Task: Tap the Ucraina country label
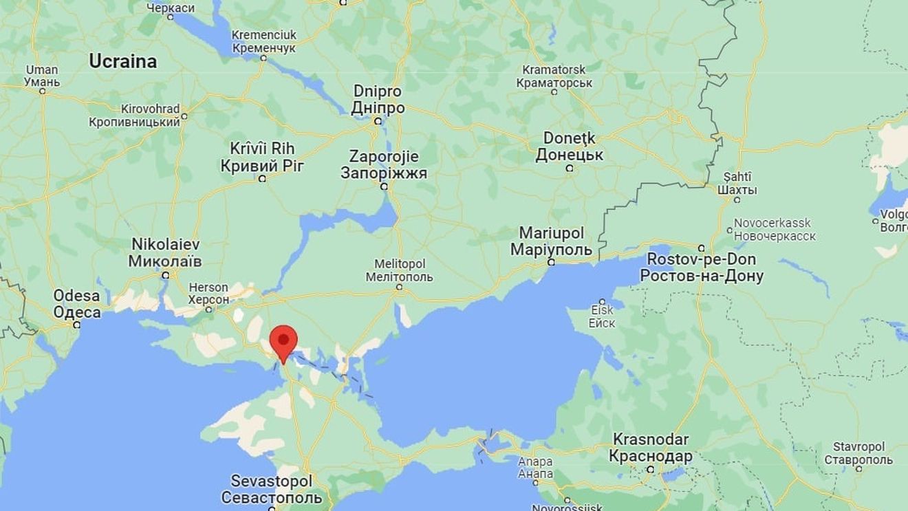122,61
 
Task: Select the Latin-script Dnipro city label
377,91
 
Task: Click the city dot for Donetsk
570,168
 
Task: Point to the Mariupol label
551,232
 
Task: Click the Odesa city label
77,296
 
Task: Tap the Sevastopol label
271,480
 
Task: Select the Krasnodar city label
650,439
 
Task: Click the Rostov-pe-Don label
702,259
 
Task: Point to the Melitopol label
400,264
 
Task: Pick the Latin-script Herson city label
208,287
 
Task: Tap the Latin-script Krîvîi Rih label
262,148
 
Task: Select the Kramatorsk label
554,69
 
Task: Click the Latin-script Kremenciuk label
264,34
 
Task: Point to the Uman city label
42,69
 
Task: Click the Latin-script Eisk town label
602,311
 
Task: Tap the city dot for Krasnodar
650,470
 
